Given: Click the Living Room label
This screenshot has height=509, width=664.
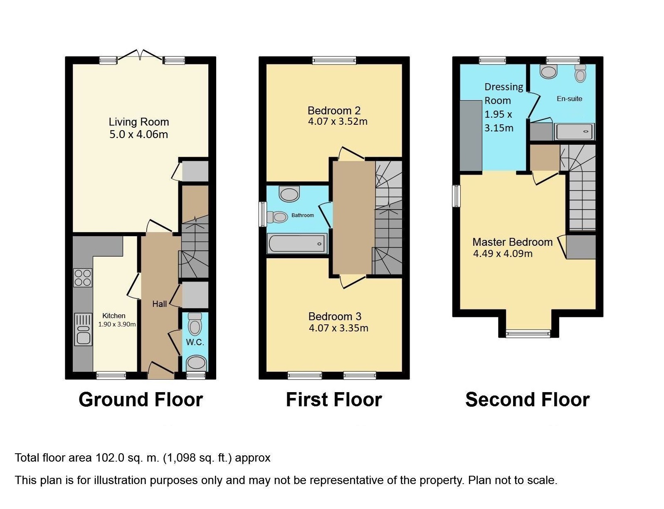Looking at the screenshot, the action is (x=139, y=122).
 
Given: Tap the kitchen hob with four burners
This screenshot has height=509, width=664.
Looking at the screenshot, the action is (x=82, y=277).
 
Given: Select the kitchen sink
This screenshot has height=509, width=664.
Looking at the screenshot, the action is (x=83, y=329).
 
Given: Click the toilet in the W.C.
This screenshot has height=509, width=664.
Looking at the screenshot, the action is (x=195, y=324).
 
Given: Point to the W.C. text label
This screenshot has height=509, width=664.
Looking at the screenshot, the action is (x=195, y=342).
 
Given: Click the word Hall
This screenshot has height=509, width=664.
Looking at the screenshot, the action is (x=160, y=304).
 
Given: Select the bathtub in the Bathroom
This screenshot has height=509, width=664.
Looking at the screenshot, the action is (x=297, y=244).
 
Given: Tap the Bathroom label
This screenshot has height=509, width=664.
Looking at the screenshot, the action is (x=303, y=215).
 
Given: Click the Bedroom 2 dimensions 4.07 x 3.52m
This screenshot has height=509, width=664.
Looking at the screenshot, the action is (x=338, y=121).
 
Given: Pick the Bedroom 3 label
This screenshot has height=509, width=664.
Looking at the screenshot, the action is (x=335, y=316).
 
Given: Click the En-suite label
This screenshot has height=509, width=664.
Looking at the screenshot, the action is (x=569, y=99).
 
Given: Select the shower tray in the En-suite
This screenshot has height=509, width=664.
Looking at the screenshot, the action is (x=574, y=131).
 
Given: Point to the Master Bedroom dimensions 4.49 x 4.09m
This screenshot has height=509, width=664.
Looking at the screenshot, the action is (x=503, y=254).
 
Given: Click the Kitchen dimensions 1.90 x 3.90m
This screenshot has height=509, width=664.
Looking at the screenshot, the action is (x=117, y=324).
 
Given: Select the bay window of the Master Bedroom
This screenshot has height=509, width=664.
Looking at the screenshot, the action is (x=528, y=334).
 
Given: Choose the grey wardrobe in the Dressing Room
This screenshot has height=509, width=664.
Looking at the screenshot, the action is (x=471, y=136).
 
